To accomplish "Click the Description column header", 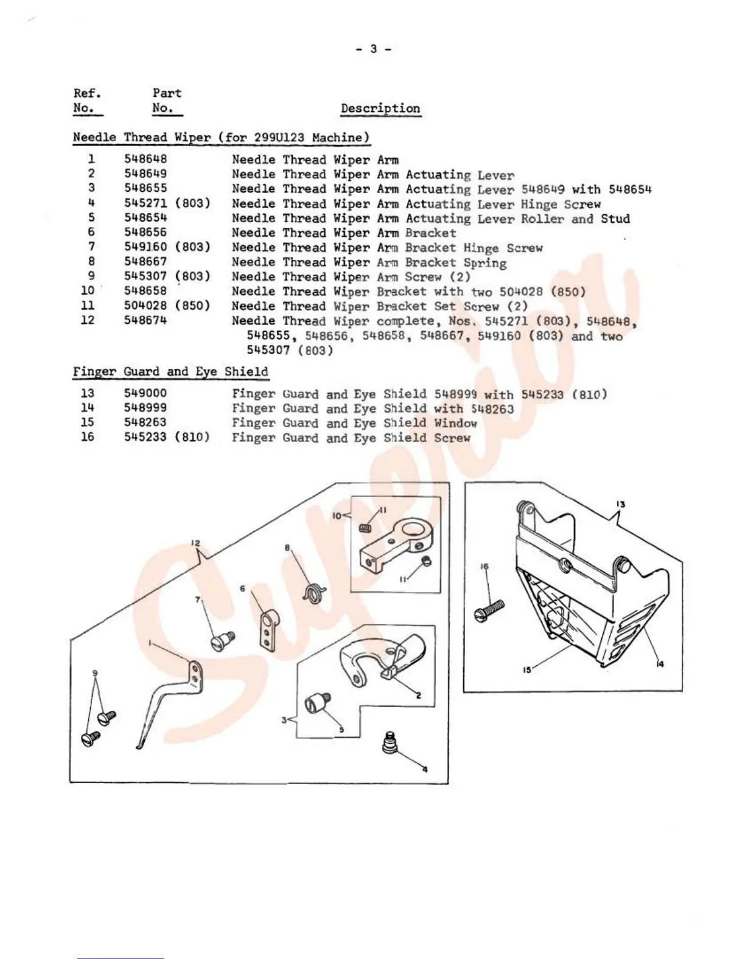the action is click(x=380, y=109).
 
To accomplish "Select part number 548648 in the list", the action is click(x=145, y=159).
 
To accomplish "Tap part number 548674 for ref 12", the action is click(x=145, y=320).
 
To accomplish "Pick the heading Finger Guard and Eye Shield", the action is click(x=170, y=372).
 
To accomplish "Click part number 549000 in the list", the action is click(x=145, y=394).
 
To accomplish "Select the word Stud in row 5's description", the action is click(x=615, y=218).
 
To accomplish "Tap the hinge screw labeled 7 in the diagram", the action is click(x=223, y=640).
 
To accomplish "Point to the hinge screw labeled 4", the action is click(x=390, y=743).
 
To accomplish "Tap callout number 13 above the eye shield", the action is click(x=621, y=505).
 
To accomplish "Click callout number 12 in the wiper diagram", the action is click(x=195, y=543).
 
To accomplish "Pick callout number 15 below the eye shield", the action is click(x=526, y=670).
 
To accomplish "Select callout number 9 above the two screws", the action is click(x=94, y=672).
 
